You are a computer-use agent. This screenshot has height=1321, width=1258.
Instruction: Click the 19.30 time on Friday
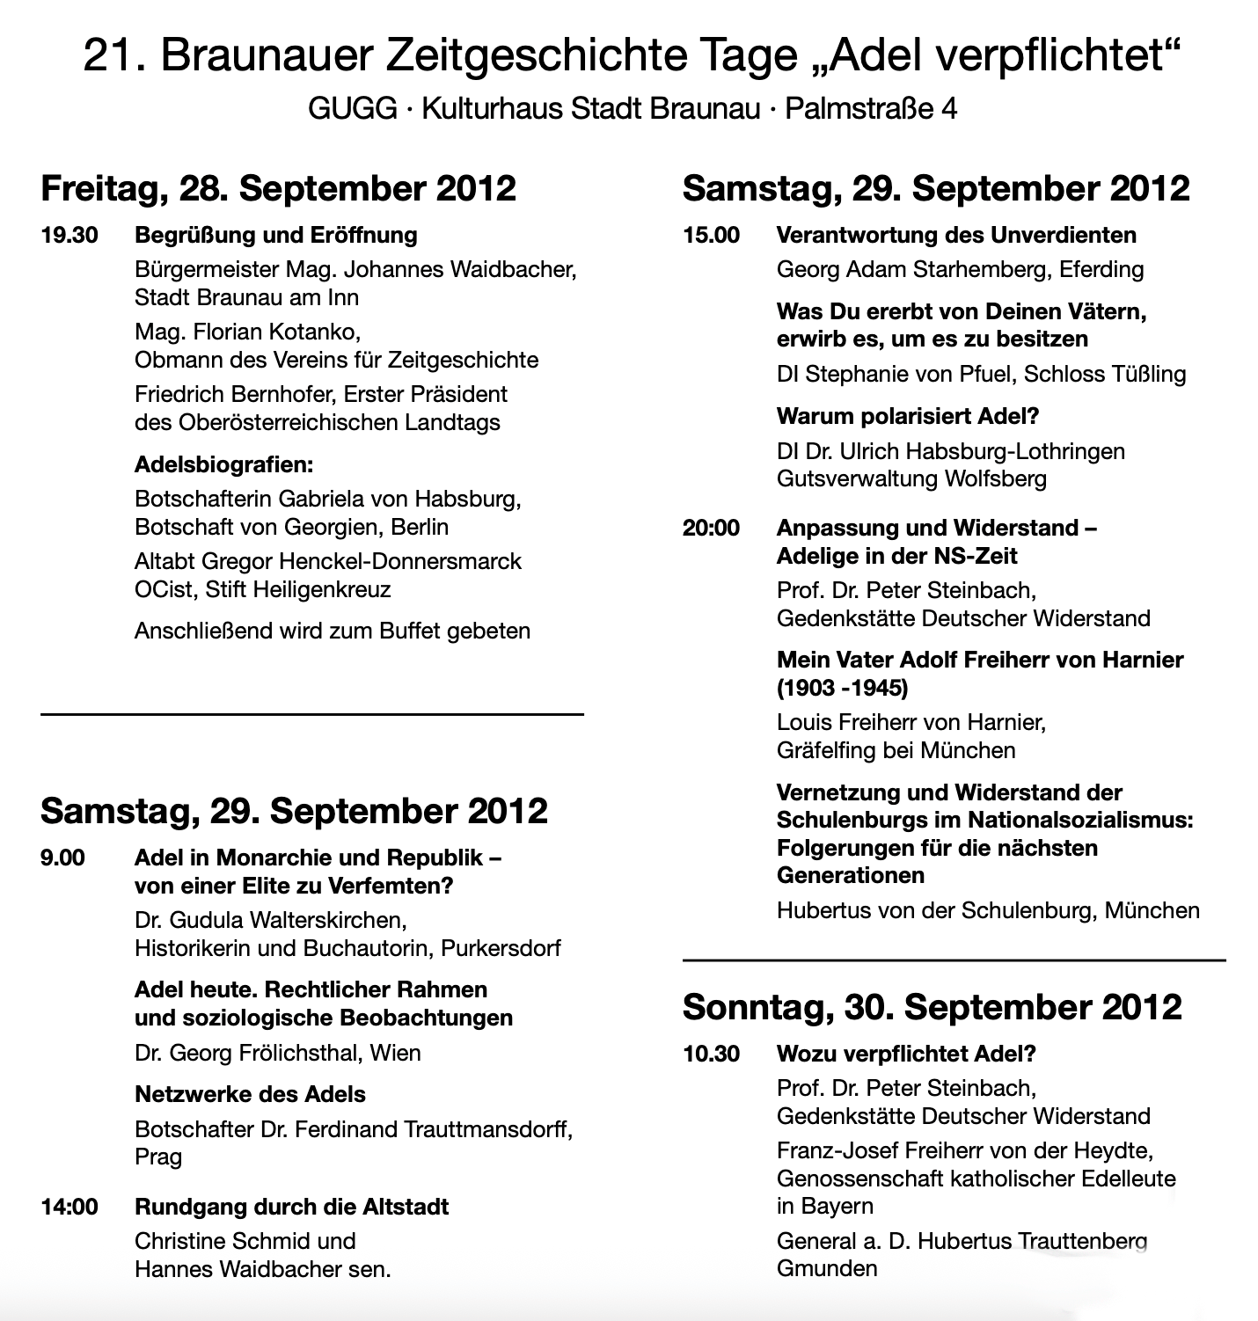pos(69,236)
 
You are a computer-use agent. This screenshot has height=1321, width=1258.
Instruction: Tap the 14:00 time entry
pos(69,1207)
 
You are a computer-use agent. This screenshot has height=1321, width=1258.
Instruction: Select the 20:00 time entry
pos(711,529)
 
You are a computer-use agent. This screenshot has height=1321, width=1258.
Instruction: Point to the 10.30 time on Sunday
pos(711,1054)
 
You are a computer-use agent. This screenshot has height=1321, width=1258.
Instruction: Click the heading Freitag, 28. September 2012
pos(278,189)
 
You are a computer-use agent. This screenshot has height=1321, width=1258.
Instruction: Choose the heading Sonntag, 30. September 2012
pos(932,1007)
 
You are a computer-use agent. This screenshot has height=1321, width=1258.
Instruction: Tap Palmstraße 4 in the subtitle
pos(871,109)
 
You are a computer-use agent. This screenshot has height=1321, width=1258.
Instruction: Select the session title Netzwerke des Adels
pos(250,1095)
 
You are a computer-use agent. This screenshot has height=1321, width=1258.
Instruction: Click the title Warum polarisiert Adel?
pos(908,417)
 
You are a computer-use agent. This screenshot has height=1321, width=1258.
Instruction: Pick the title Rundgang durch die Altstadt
pos(291,1207)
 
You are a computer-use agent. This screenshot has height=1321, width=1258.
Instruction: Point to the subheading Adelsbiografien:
pos(223,464)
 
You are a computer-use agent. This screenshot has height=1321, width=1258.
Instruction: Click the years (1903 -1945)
pos(842,688)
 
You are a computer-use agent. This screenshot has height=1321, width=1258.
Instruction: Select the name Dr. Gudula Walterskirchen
pos(270,921)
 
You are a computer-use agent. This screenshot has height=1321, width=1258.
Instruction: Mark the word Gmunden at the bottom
pos(827,1269)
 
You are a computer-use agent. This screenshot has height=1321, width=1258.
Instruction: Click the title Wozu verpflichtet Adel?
pos(906,1054)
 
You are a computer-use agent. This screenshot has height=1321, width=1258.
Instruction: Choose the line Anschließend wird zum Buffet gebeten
pos(333,631)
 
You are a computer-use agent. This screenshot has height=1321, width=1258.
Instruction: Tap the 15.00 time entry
pos(711,236)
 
